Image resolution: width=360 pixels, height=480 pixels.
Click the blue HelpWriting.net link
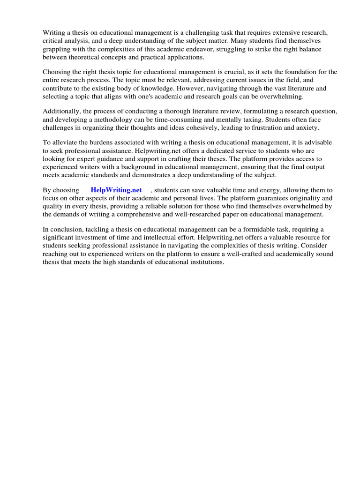coord(116,190)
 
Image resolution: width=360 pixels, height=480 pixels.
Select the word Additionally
coord(61,111)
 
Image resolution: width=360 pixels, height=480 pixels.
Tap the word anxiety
coord(307,127)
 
